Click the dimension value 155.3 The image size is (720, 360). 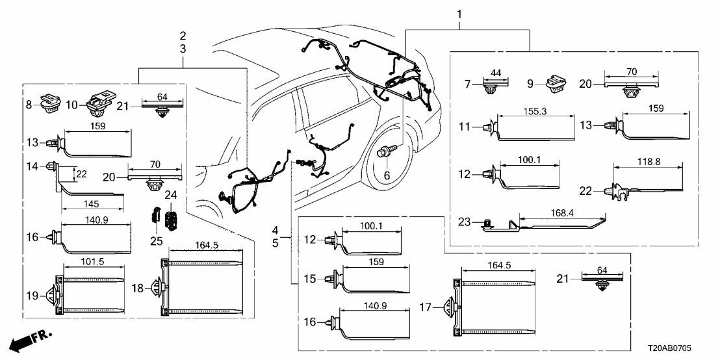[535, 112]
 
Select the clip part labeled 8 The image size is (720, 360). [47, 103]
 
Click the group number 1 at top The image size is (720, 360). [460, 12]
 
